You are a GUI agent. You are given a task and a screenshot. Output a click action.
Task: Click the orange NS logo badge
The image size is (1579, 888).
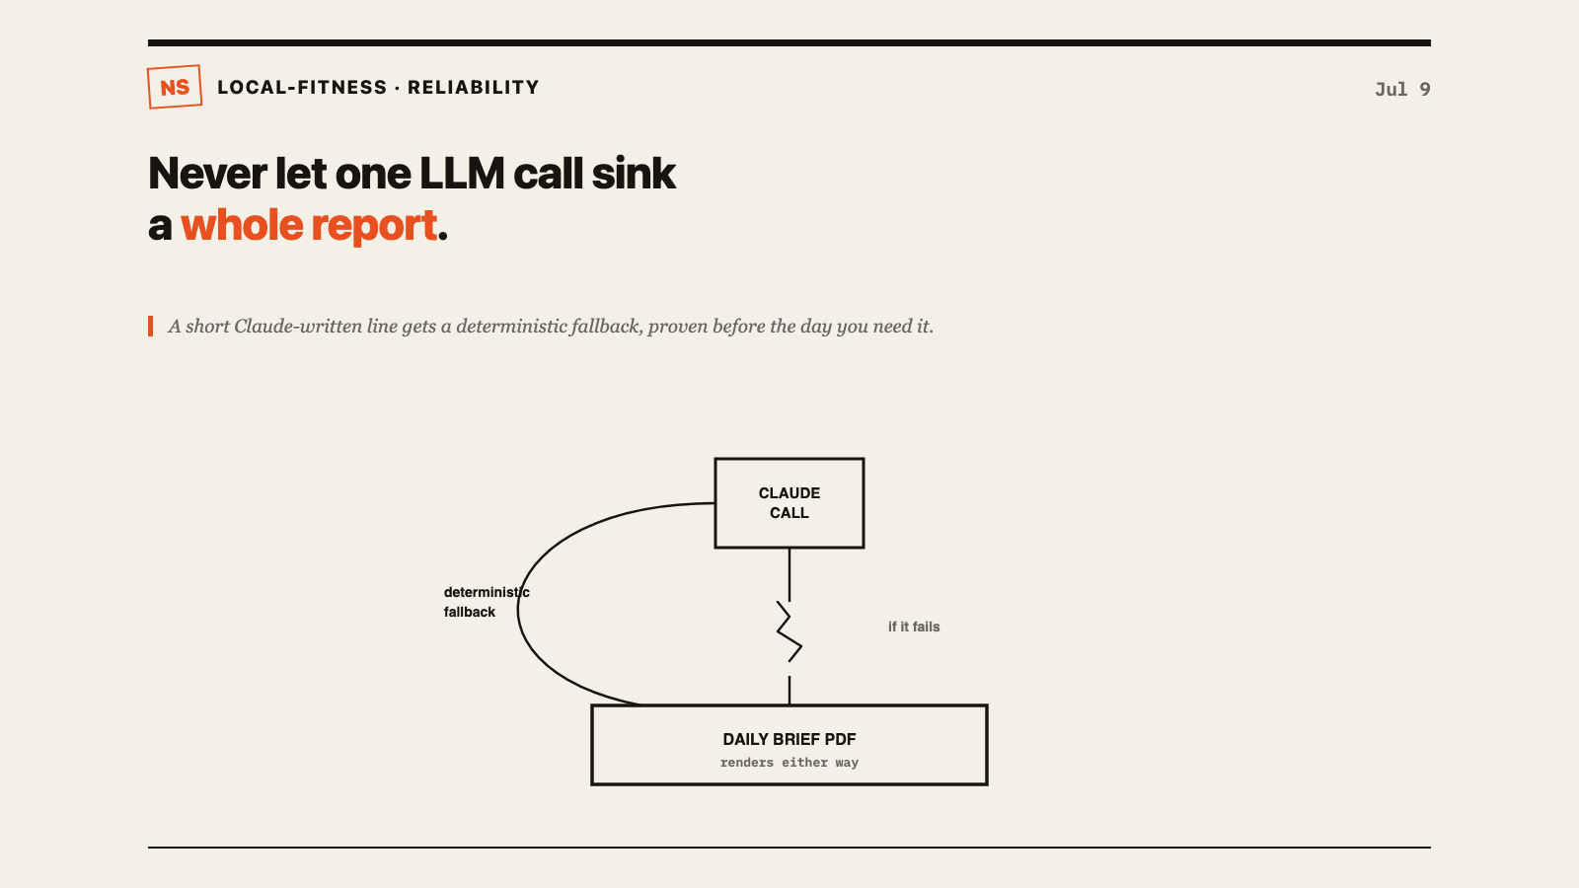click(x=175, y=87)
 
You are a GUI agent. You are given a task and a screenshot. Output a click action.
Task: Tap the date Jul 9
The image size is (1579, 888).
click(x=1402, y=90)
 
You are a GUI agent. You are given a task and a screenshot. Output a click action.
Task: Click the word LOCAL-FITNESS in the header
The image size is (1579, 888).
click(x=302, y=88)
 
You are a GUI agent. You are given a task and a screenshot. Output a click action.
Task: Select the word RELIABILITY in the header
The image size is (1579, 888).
click(x=473, y=88)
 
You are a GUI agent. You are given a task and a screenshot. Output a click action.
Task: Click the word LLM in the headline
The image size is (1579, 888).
click(x=462, y=174)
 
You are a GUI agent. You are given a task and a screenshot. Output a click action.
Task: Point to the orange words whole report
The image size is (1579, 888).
click(x=309, y=226)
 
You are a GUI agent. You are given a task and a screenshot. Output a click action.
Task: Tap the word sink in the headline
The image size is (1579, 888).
click(x=634, y=174)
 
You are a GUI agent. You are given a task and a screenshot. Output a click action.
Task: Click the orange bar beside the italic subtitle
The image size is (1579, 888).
click(x=151, y=327)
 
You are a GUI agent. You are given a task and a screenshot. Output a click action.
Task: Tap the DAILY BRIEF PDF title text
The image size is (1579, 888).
click(x=789, y=739)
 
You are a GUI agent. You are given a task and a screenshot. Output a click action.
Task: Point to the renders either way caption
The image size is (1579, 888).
click(x=789, y=763)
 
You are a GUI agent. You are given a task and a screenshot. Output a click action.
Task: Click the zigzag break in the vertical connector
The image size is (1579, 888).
click(x=789, y=631)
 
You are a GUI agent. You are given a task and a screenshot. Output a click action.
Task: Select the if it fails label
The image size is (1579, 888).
click(x=914, y=627)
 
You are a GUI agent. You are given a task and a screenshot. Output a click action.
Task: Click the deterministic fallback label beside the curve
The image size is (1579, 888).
click(x=487, y=602)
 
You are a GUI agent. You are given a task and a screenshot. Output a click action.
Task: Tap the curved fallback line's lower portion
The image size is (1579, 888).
click(x=557, y=673)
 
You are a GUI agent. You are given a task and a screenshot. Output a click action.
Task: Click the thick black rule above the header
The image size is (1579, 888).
click(x=789, y=43)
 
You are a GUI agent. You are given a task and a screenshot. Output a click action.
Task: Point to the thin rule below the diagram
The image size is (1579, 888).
click(x=789, y=848)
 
